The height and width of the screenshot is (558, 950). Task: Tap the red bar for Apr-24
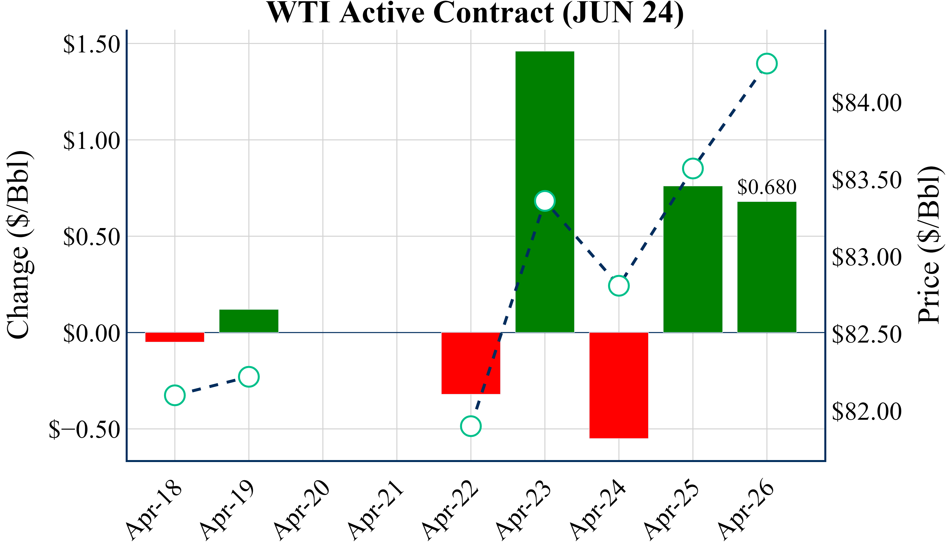[x=619, y=385]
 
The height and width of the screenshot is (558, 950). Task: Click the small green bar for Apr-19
[x=249, y=321]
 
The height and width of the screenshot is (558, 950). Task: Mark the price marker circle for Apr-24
[x=619, y=286]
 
